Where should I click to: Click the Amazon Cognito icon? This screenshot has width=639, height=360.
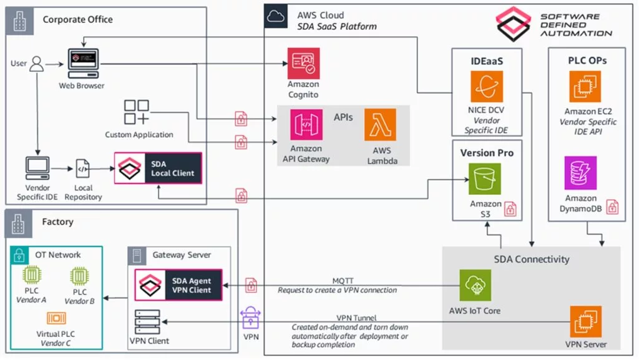pyautogui.click(x=303, y=64)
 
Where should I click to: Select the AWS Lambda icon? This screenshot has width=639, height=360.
pyautogui.click(x=380, y=125)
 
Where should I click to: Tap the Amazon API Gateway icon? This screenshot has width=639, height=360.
pyautogui.click(x=306, y=125)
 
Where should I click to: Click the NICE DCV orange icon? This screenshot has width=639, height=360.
pyautogui.click(x=487, y=87)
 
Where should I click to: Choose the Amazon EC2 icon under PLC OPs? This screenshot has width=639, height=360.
pyautogui.click(x=585, y=87)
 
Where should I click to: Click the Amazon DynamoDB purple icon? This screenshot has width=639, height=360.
pyautogui.click(x=580, y=173)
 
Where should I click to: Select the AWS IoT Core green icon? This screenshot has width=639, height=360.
pyautogui.click(x=475, y=286)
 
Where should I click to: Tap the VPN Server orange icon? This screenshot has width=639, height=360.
pyautogui.click(x=585, y=321)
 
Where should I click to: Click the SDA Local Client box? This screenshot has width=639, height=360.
pyautogui.click(x=159, y=168)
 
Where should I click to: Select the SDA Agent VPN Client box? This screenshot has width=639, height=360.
pyautogui.click(x=179, y=285)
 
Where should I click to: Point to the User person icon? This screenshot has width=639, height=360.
pyautogui.click(x=37, y=64)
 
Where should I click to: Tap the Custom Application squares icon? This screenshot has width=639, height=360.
pyautogui.click(x=137, y=112)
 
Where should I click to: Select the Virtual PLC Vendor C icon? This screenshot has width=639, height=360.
pyautogui.click(x=56, y=319)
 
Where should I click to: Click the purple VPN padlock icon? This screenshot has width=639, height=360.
pyautogui.click(x=250, y=318)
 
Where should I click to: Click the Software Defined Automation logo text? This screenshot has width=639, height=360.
pyautogui.click(x=575, y=24)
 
